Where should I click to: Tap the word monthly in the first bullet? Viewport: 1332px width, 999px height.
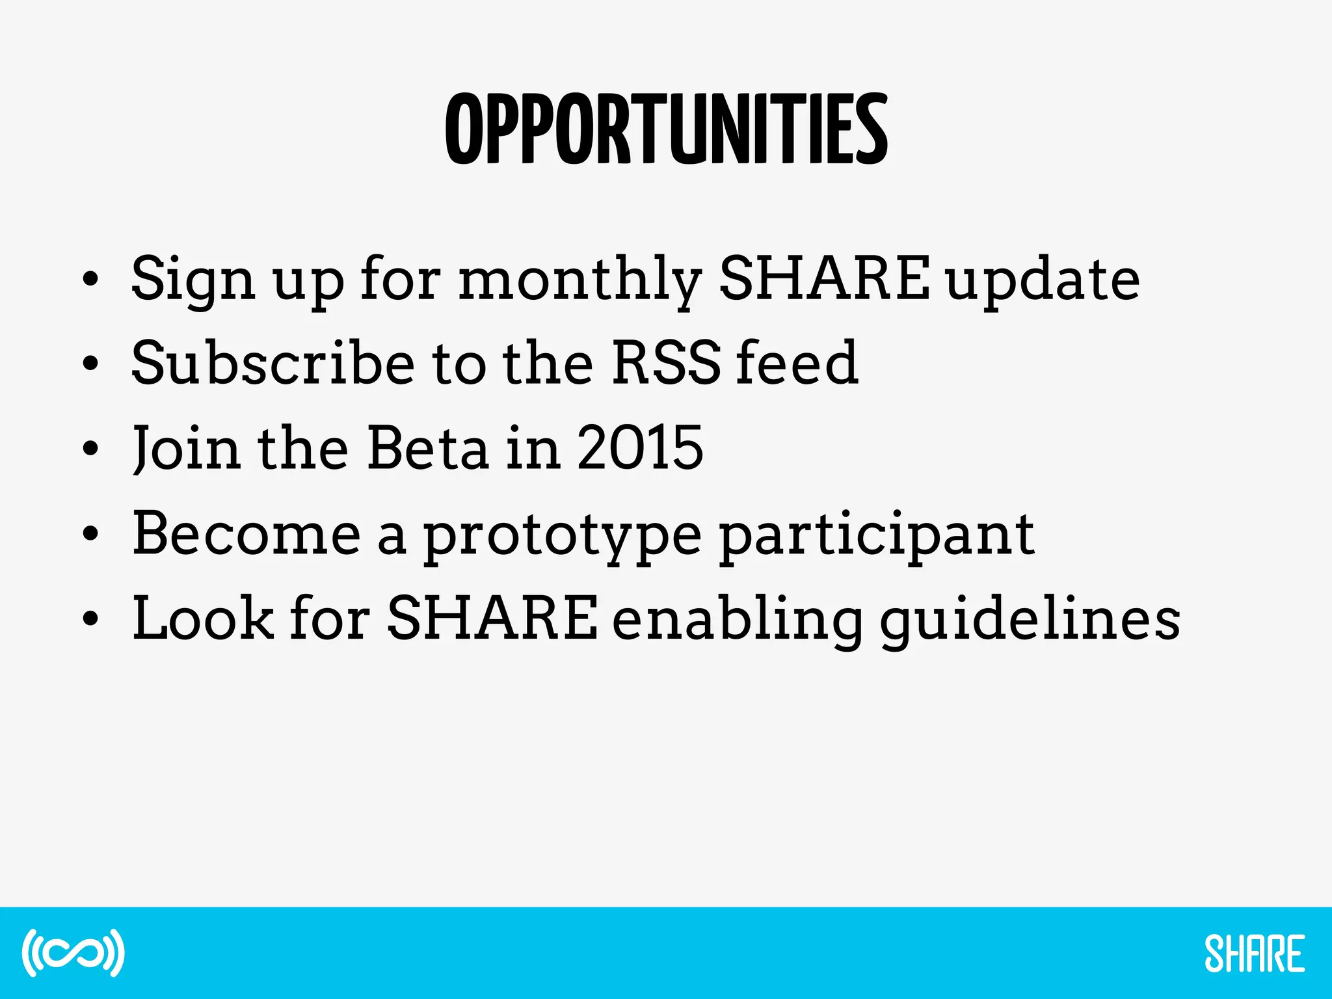click(579, 280)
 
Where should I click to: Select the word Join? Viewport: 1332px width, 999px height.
click(186, 449)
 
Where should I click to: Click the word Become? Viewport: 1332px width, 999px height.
click(246, 533)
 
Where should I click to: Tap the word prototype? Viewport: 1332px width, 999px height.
click(563, 536)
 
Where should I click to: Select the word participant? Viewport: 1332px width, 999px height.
click(876, 536)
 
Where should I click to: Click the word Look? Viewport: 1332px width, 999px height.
click(202, 618)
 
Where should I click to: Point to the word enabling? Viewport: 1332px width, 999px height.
click(737, 620)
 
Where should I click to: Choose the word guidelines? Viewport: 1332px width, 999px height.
click(1030, 620)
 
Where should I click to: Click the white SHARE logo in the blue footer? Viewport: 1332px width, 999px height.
click(1254, 953)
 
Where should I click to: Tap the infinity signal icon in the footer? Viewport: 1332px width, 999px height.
click(73, 953)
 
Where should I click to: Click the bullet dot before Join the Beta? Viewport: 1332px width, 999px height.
click(90, 449)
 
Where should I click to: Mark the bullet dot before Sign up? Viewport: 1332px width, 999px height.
click(90, 280)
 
